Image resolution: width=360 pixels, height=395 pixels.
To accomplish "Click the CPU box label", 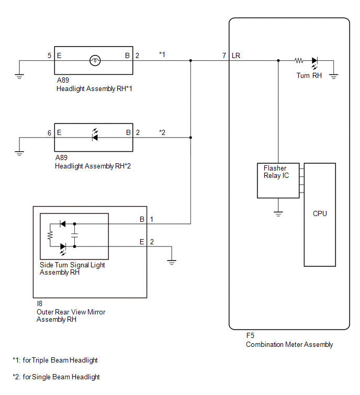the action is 320,213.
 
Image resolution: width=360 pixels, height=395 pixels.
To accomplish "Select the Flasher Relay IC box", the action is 278,180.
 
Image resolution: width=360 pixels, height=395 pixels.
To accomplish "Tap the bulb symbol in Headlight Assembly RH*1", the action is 95,61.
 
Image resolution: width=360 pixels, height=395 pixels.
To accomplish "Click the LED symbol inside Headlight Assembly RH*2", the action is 95,136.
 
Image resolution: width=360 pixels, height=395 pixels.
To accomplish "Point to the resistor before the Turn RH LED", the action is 299,61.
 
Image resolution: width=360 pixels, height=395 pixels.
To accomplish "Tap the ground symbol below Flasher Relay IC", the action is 278,214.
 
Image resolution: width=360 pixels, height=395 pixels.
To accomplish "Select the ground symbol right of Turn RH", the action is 333,76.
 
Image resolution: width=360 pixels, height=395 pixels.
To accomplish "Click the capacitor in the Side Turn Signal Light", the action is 75,235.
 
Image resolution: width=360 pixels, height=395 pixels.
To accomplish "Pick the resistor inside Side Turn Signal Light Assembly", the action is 50,235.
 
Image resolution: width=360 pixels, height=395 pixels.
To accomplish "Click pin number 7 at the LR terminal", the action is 224,55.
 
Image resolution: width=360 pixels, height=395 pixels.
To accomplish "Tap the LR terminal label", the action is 236,55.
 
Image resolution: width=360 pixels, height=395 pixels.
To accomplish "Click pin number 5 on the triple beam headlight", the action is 49,55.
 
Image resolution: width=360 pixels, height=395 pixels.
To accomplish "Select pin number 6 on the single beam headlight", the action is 49,133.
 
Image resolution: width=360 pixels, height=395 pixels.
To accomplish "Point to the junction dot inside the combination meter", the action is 278,61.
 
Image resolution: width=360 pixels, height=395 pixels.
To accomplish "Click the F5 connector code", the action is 250,335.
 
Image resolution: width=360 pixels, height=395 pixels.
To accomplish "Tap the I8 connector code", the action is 40,303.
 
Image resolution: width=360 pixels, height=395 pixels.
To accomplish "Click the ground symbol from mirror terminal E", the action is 172,262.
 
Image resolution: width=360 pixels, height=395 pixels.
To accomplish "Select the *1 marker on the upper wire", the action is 162,54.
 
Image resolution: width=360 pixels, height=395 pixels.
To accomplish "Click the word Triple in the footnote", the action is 41,360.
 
